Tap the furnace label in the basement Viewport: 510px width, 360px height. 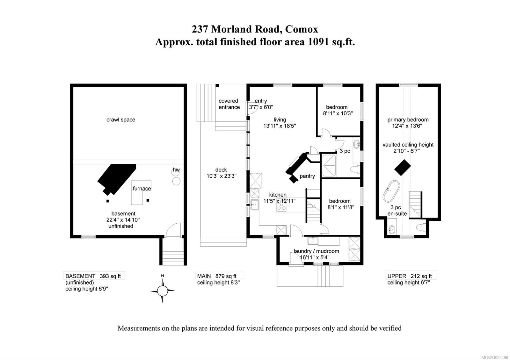pos(142,189)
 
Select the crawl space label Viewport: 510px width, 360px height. pos(121,120)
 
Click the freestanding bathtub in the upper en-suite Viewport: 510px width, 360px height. pos(391,191)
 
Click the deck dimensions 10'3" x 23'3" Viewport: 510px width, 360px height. pos(221,176)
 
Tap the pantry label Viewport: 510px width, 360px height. pos(307,176)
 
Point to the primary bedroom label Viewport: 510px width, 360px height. pos(408,120)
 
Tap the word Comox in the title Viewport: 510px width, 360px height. pos(301,29)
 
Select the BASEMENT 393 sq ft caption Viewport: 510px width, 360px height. pos(95,276)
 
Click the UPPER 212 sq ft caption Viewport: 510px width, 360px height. pos(410,276)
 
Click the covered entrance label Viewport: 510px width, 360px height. pos(229,104)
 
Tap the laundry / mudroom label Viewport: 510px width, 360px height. pos(316,251)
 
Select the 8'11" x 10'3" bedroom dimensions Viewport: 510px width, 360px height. pos(338,113)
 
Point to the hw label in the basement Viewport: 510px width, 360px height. pos(176,170)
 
